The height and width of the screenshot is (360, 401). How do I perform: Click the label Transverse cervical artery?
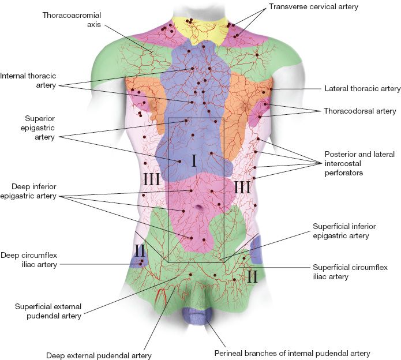313,7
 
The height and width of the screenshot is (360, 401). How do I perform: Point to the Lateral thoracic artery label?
362,89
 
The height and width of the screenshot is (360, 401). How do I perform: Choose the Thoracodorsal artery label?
359,111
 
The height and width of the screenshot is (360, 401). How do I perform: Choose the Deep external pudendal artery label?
99,355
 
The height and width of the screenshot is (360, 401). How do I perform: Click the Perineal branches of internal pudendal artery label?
292,353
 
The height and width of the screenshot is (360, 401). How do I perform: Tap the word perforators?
343,172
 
